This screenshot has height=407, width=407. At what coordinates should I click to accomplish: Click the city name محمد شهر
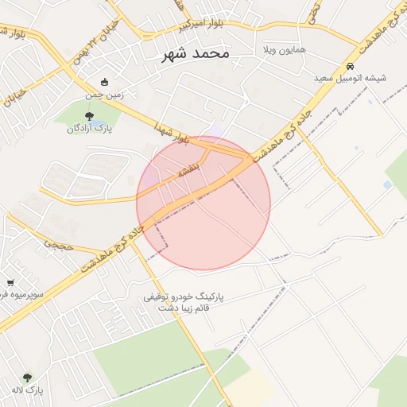195,53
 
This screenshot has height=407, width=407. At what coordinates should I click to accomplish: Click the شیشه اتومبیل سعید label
351,79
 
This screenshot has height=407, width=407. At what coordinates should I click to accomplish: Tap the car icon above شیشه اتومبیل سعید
351,67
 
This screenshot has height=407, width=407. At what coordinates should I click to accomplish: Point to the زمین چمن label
105,95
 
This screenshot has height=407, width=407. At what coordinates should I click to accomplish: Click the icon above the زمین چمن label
105,82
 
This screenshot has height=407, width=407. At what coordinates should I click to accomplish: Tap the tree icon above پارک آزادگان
88,117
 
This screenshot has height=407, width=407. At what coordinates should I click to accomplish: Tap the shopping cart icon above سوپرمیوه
10,282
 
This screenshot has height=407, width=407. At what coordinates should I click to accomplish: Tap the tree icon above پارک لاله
29,378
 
